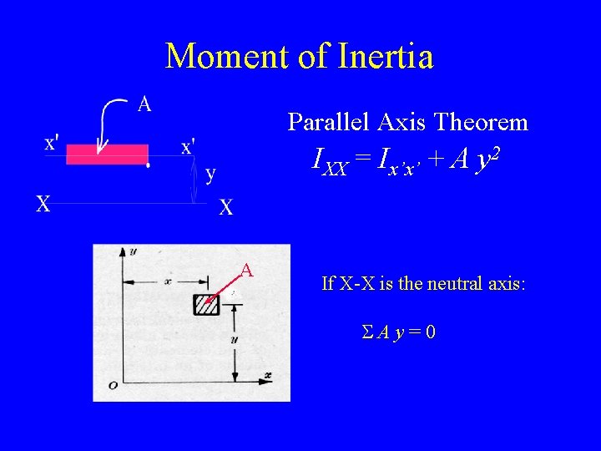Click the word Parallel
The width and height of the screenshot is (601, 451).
326,123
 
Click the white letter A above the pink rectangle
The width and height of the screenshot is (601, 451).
144,104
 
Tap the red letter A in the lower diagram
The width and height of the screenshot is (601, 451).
247,270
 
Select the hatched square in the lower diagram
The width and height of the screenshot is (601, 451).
206,305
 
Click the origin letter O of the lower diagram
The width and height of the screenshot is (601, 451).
113,385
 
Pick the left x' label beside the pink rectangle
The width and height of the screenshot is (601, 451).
51,143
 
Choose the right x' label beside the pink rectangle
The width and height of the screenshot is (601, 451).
189,146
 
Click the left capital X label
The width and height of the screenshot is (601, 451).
42,204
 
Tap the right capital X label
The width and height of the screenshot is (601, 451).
225,208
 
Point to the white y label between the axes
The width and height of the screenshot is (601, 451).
210,174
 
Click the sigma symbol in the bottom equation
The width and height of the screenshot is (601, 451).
366,332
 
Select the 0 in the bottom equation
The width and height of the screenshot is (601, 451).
429,332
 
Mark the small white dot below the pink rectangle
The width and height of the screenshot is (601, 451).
148,166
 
